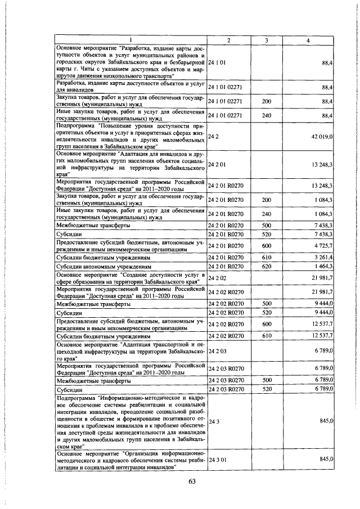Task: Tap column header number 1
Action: (130, 40)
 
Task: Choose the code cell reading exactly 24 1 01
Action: (217, 62)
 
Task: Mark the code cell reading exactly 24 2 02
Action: (217, 278)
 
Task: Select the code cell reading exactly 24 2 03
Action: (217, 351)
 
